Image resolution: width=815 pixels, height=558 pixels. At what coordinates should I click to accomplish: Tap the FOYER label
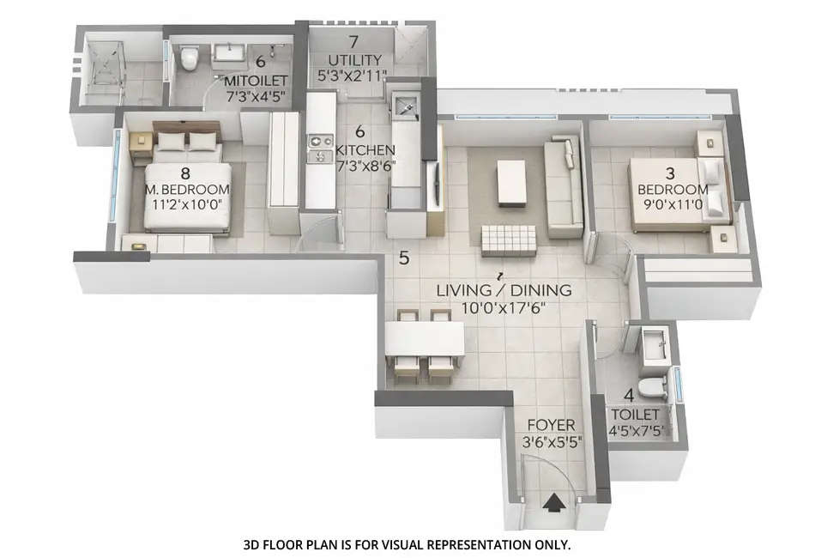[x=550, y=426]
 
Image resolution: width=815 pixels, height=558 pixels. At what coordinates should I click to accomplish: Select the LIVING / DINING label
[x=504, y=290]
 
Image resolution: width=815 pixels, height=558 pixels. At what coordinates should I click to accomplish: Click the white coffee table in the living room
[x=511, y=182]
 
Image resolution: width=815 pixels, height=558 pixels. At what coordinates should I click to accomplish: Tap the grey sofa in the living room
[x=564, y=186]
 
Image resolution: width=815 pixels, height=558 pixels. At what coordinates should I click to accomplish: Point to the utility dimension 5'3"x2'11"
[x=352, y=76]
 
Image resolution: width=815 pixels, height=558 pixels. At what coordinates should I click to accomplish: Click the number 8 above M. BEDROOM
[x=184, y=173]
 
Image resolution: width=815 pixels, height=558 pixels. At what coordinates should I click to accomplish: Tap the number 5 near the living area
[x=403, y=257]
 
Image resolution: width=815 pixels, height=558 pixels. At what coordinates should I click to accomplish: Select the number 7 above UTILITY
[x=353, y=41]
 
